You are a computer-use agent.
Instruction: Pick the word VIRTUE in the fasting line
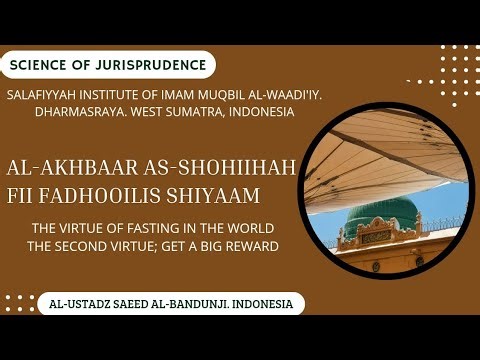(80, 227)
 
